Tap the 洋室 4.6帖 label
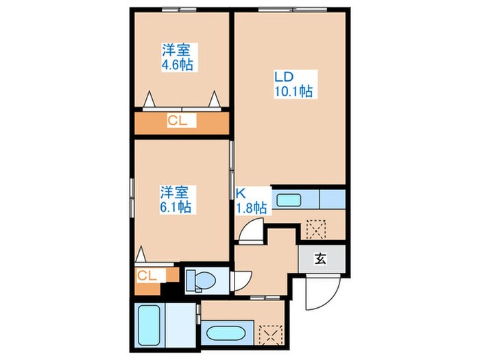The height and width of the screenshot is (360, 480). (x=176, y=58)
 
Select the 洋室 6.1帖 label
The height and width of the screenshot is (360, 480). (x=176, y=199)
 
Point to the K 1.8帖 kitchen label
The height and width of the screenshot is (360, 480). (x=250, y=200)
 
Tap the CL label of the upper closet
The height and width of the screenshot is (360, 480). (x=181, y=121)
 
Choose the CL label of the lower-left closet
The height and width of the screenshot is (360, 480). (x=147, y=276)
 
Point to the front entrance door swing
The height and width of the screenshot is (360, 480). (x=319, y=293)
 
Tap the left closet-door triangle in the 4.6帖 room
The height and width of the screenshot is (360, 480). (x=149, y=100)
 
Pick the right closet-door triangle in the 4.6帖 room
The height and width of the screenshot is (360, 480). (x=215, y=99)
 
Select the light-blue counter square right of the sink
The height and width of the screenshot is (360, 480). (x=332, y=199)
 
